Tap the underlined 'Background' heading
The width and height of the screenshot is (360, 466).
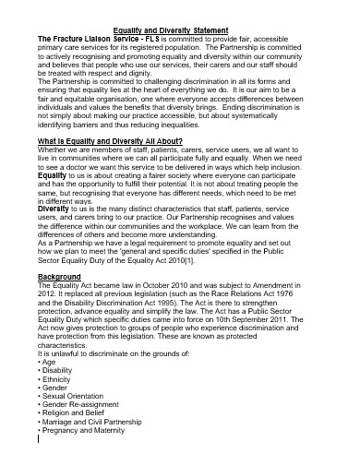point(59,276)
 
